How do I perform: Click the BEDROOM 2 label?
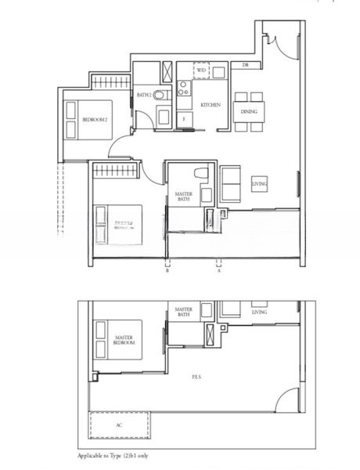pyautogui.click(x=95, y=119)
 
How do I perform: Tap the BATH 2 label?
pyautogui.click(x=144, y=95)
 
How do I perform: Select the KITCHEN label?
pyautogui.click(x=210, y=105)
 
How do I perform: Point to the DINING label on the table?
pyautogui.click(x=249, y=112)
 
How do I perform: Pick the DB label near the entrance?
pyautogui.click(x=245, y=64)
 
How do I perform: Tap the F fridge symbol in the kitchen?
pyautogui.click(x=185, y=118)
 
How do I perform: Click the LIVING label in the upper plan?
pyautogui.click(x=260, y=184)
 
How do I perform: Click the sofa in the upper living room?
pyautogui.click(x=231, y=183)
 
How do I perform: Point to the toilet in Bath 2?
pyautogui.click(x=160, y=95)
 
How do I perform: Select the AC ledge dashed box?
pyautogui.click(x=119, y=426)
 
